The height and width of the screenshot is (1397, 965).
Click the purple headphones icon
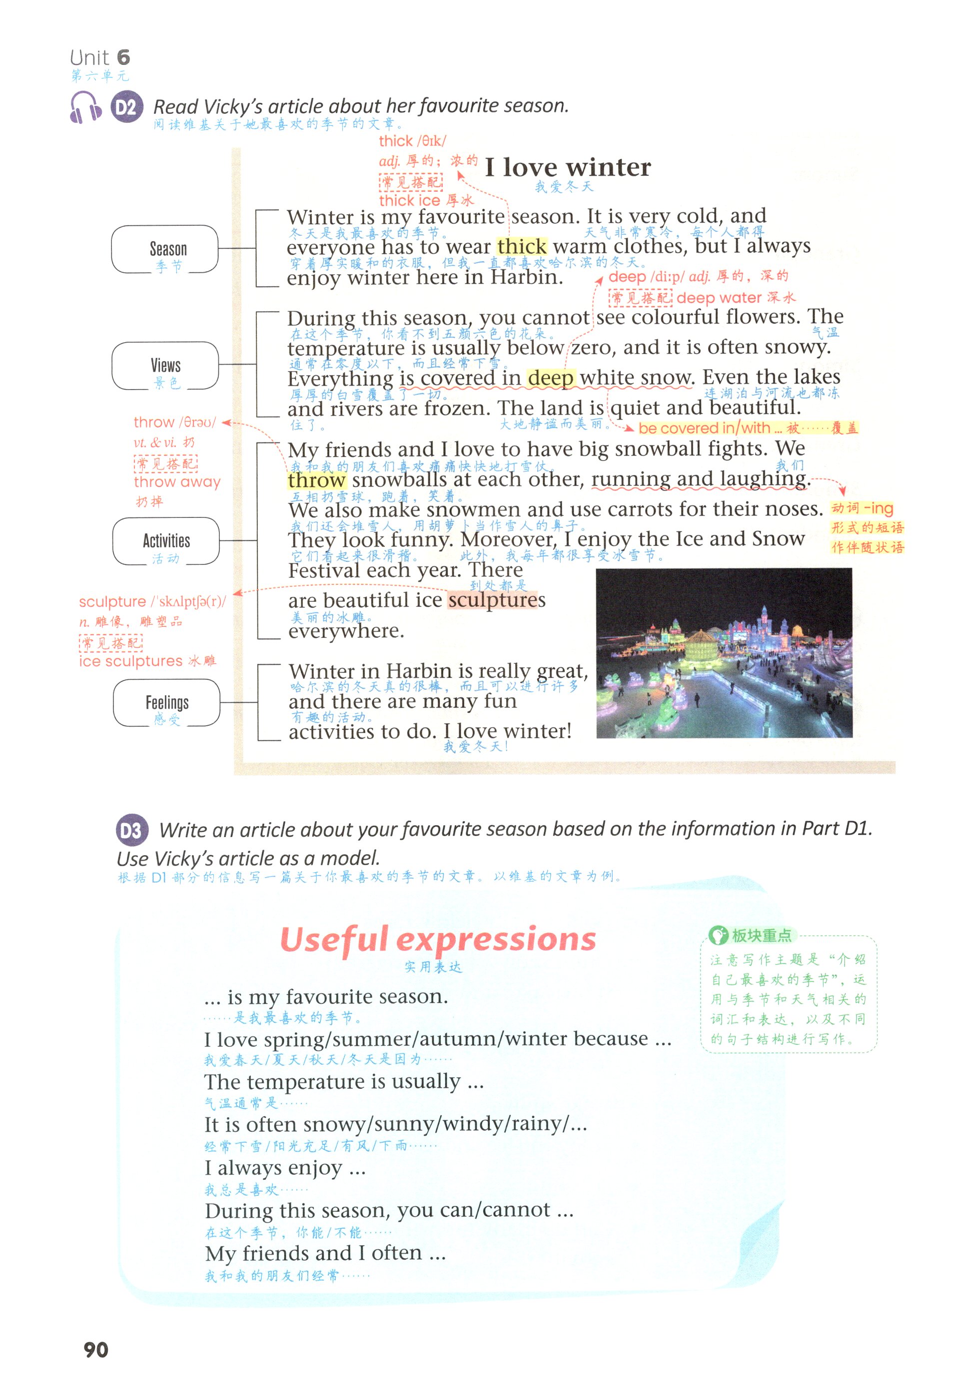click(85, 107)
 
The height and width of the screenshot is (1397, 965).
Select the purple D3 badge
click(131, 831)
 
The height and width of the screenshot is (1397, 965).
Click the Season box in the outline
click(165, 250)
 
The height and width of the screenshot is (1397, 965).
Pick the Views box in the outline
click(165, 366)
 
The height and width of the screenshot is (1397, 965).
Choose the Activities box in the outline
click(166, 541)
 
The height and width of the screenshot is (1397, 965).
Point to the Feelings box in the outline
click(166, 703)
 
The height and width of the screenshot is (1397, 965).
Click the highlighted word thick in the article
click(522, 247)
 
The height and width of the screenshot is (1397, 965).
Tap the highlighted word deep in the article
click(550, 378)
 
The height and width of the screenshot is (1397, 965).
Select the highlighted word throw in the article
click(316, 480)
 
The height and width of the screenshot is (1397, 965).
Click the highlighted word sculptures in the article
click(496, 600)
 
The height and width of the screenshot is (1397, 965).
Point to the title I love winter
click(568, 167)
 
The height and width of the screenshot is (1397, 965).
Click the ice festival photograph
click(724, 653)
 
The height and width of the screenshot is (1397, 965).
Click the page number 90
click(95, 1350)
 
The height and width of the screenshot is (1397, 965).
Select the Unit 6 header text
click(100, 58)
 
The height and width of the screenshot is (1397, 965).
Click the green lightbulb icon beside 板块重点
click(718, 935)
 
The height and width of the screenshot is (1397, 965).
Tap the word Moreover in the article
click(507, 539)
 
